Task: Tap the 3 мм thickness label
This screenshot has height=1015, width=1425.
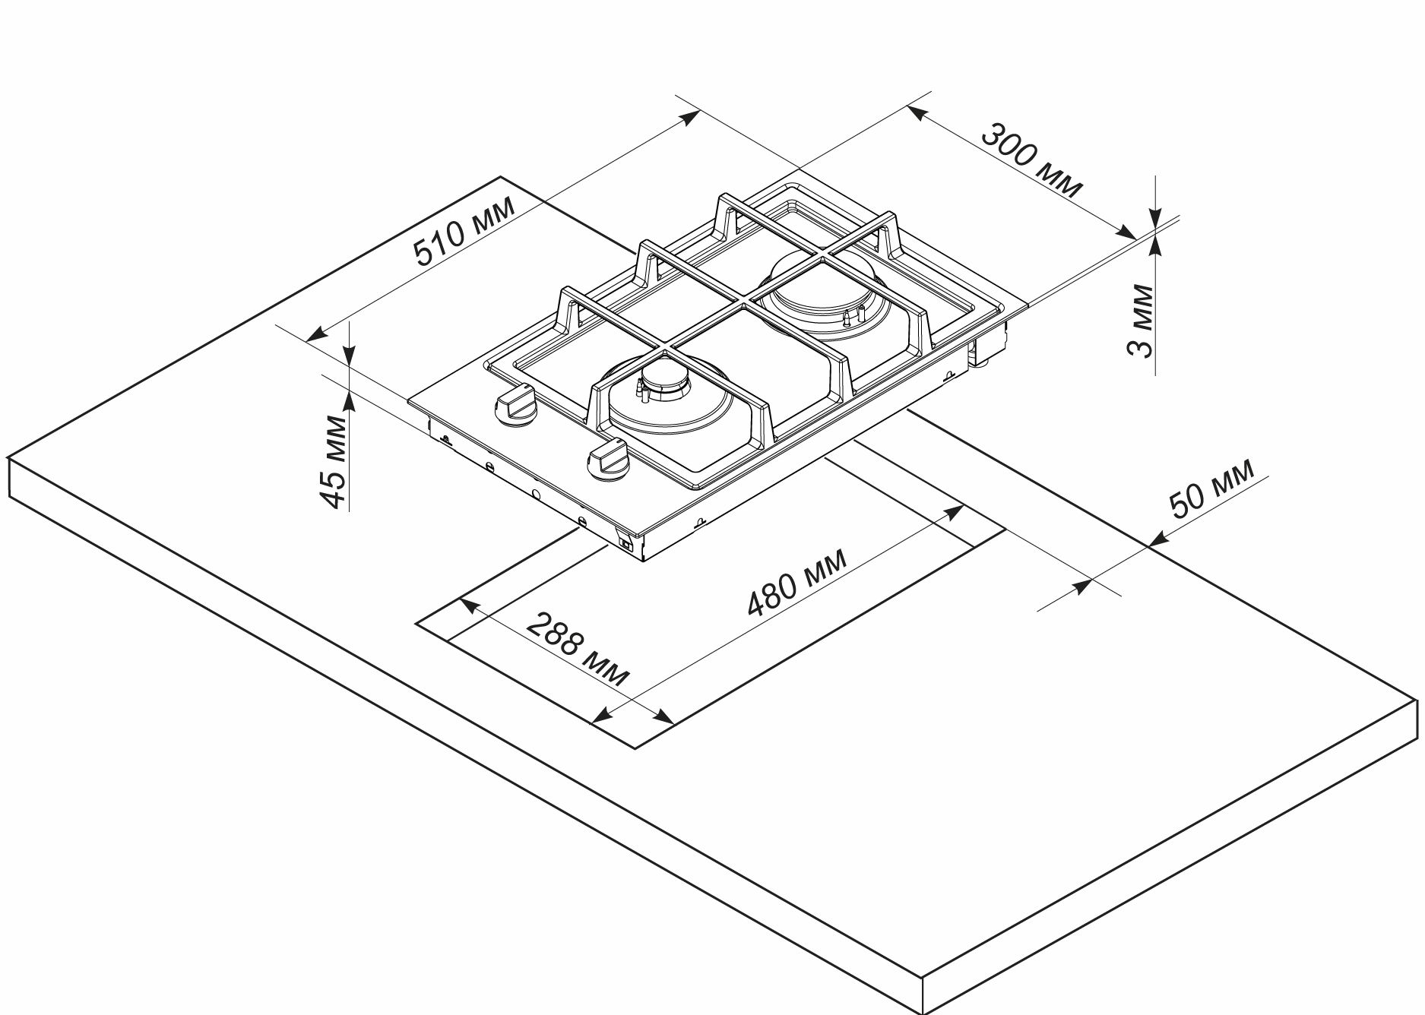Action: (1140, 320)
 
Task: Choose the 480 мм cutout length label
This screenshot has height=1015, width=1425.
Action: (796, 581)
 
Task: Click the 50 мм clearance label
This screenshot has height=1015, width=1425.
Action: (1211, 489)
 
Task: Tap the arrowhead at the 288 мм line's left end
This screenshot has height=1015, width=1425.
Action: (469, 606)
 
